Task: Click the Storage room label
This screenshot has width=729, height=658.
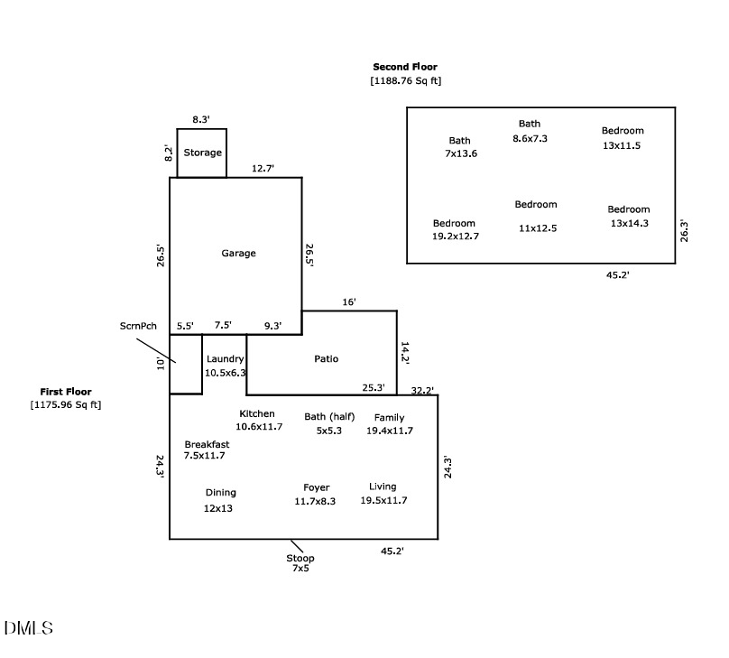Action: click(x=202, y=153)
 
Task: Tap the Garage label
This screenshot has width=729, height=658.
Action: click(x=238, y=254)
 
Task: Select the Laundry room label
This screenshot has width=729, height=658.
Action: click(x=225, y=359)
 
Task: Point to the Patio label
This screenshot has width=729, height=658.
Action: click(x=326, y=359)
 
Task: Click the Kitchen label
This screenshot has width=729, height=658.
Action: click(x=256, y=414)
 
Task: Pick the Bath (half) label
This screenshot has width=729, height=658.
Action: click(x=329, y=417)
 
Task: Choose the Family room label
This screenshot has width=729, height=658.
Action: click(x=389, y=418)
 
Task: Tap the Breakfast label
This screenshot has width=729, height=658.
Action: click(x=207, y=445)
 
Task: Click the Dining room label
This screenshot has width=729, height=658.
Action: click(x=220, y=493)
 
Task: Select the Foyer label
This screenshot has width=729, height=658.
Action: click(x=316, y=488)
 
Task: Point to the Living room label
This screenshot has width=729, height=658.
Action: click(x=383, y=487)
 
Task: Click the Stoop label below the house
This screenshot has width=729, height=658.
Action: click(x=300, y=559)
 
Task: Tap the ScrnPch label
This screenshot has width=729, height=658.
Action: click(x=138, y=326)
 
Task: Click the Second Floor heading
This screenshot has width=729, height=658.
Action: click(x=405, y=67)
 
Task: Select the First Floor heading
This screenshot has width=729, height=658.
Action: click(x=65, y=392)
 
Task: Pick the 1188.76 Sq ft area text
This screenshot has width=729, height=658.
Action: click(x=405, y=81)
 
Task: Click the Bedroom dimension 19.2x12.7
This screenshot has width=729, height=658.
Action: click(x=456, y=236)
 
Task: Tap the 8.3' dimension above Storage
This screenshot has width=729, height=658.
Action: click(x=201, y=119)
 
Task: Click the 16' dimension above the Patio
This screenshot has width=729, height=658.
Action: click(x=349, y=302)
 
